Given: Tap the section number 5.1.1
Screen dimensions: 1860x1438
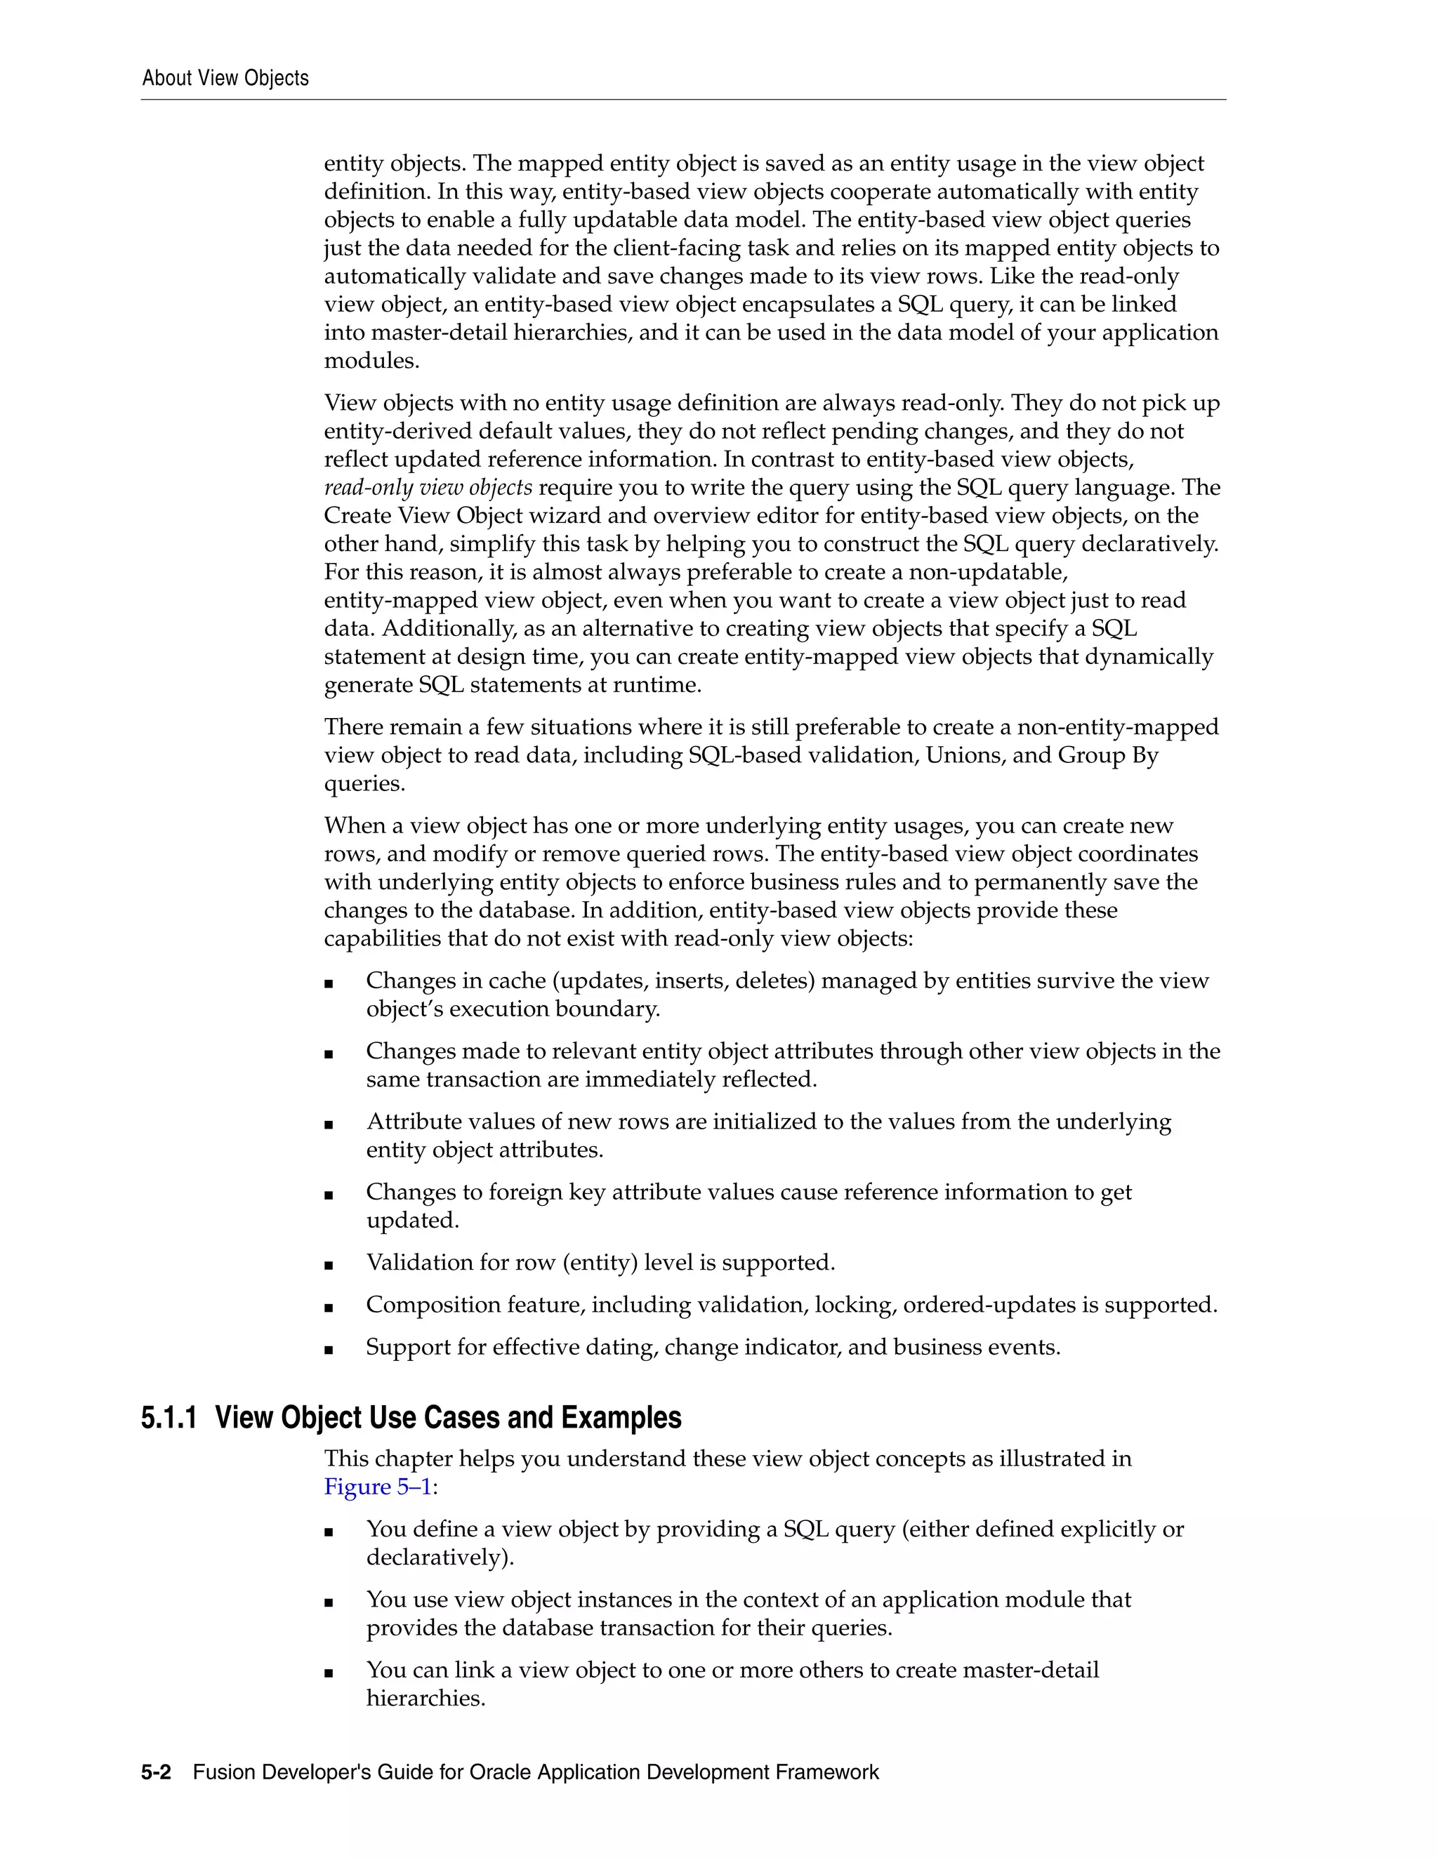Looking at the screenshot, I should click(x=169, y=1418).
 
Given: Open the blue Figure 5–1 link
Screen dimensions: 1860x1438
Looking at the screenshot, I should click(x=378, y=1487).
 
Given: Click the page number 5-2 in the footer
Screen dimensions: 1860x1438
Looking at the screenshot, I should click(x=156, y=1772).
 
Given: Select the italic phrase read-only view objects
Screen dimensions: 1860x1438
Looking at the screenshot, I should click(x=428, y=488).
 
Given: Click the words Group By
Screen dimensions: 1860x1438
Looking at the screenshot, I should click(x=1107, y=755).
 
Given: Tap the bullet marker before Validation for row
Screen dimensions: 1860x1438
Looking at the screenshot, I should click(x=329, y=1265).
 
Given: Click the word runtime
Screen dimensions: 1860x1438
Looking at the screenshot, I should click(x=660, y=686).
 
